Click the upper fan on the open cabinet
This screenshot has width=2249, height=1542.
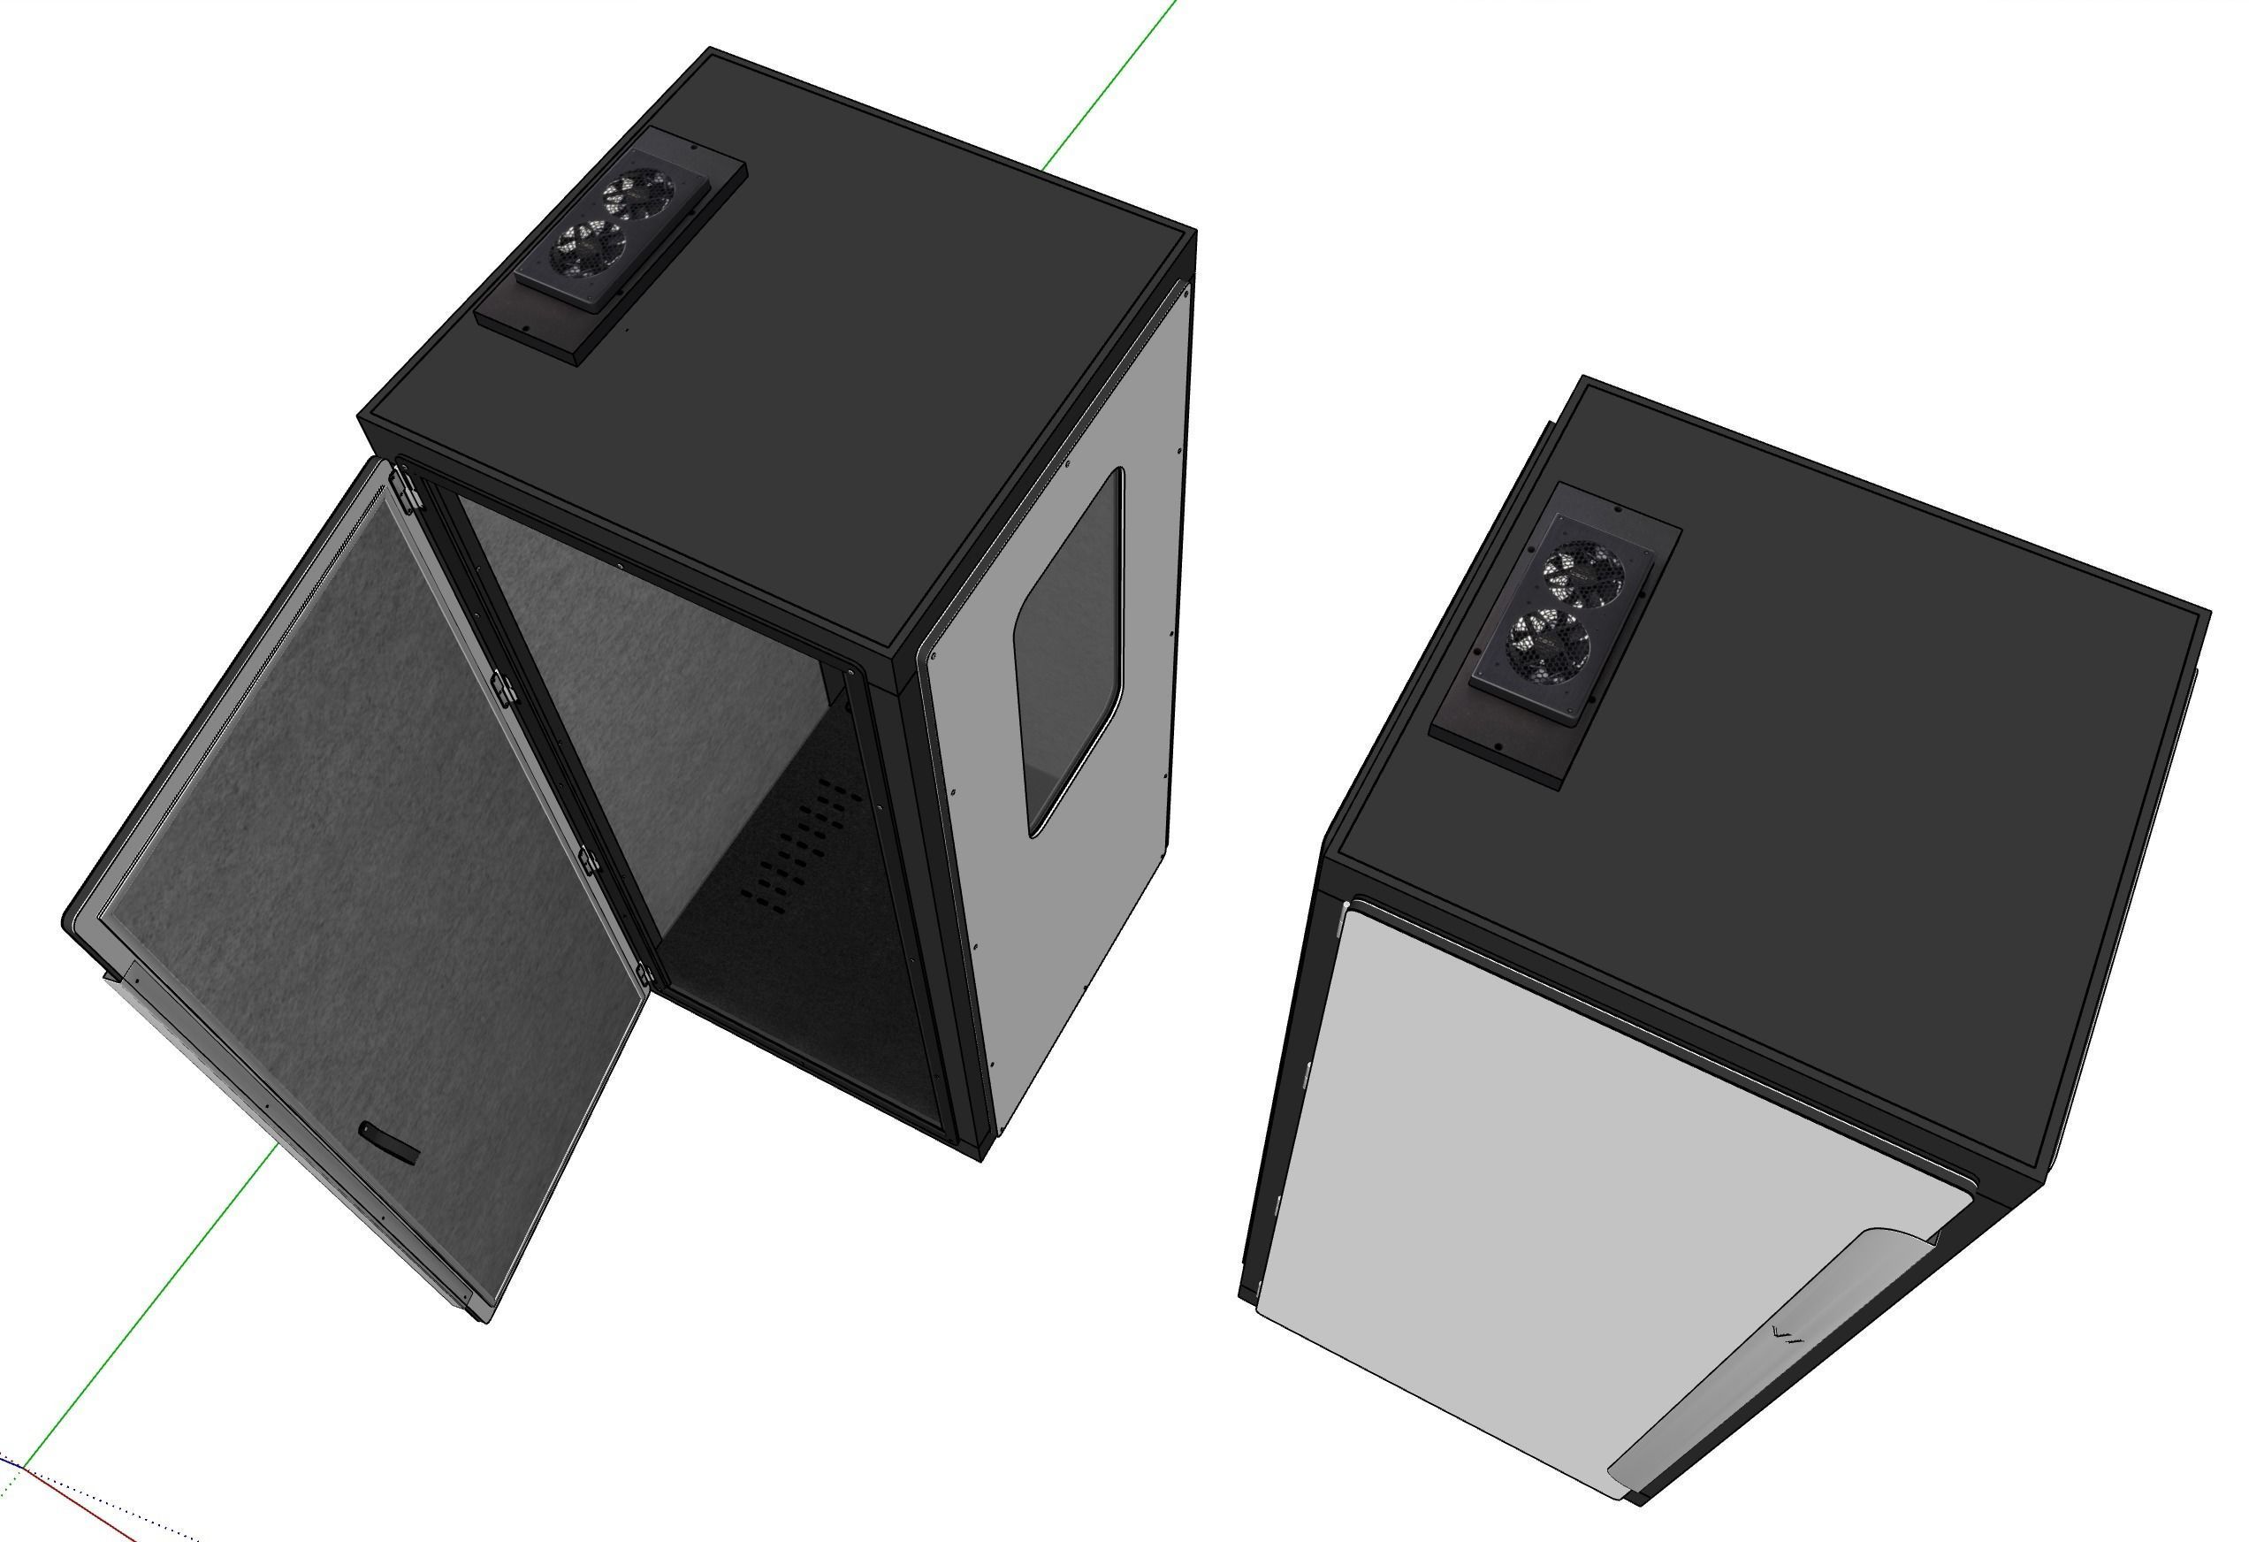coord(637,195)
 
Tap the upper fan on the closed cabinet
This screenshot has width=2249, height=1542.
coord(1584,571)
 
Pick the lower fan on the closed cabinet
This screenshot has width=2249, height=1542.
coord(1550,643)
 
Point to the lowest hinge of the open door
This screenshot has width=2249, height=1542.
coord(643,973)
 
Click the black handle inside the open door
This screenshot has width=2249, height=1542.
coord(389,1142)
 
